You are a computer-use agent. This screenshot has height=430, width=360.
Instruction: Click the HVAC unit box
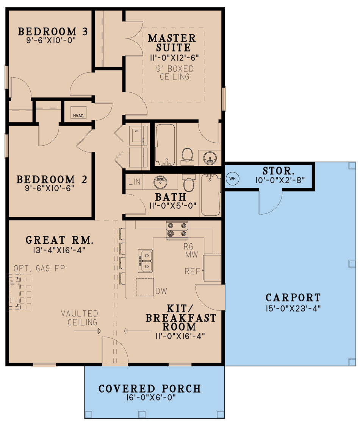pos(78,115)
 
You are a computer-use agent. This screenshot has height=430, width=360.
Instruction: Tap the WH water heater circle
pos(232,178)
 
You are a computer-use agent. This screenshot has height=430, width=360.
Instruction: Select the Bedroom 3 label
pos(53,31)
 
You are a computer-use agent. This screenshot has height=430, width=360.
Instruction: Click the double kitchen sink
pos(145,261)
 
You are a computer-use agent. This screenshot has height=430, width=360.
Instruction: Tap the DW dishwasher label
pos(161,291)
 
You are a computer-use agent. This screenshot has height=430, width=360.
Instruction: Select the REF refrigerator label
pos(193,271)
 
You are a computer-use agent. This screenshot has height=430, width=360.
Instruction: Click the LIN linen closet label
pos(134,182)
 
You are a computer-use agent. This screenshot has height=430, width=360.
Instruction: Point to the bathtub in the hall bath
pos(211,195)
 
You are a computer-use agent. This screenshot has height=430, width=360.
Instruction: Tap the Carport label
pos(293,298)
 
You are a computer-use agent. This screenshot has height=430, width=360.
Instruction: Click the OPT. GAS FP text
pos(39,268)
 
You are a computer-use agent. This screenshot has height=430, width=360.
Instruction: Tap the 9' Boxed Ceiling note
pos(174,73)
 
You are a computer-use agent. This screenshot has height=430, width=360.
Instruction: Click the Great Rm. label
pos(59,240)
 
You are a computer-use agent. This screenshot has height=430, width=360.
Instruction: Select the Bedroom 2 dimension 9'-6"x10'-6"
pos(51,187)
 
